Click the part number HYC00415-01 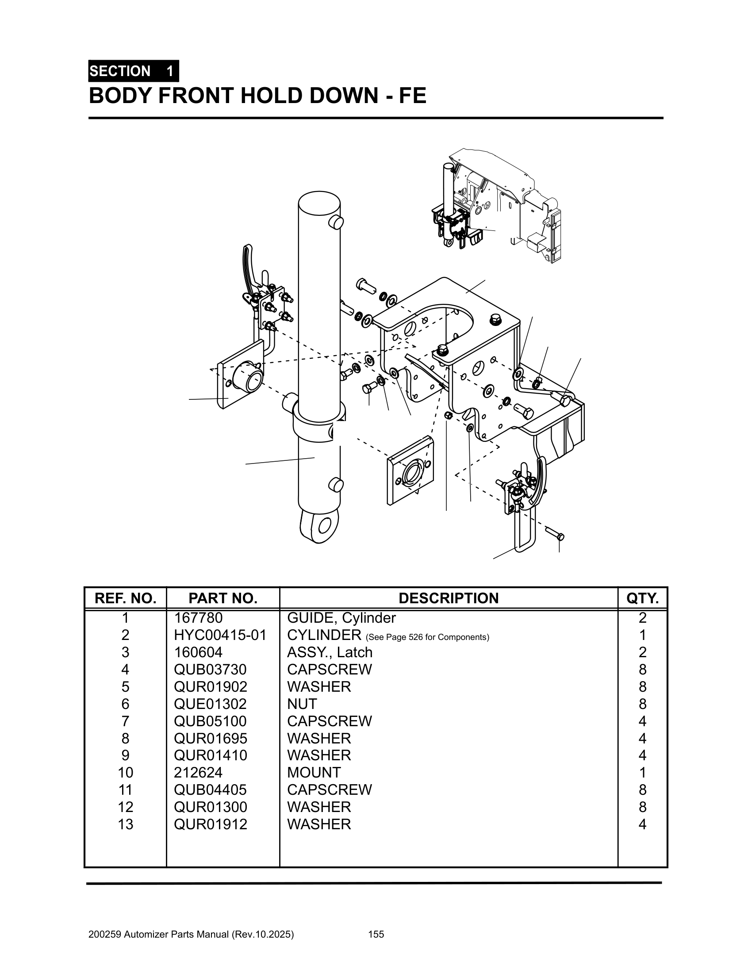pyautogui.click(x=220, y=635)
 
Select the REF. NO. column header pyautogui.click(x=125, y=598)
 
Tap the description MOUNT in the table pyautogui.click(x=314, y=772)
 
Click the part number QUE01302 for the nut pyautogui.click(x=210, y=704)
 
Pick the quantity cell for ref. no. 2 pyautogui.click(x=642, y=635)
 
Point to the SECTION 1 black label pyautogui.click(x=133, y=71)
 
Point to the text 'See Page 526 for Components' pyautogui.click(x=427, y=637)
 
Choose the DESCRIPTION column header pyautogui.click(x=448, y=598)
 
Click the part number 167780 pyautogui.click(x=198, y=618)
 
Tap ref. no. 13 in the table pyautogui.click(x=125, y=824)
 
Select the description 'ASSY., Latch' pyautogui.click(x=330, y=652)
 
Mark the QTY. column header pyautogui.click(x=642, y=598)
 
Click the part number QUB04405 pyautogui.click(x=210, y=789)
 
